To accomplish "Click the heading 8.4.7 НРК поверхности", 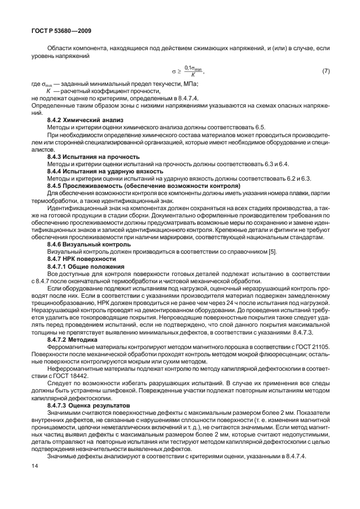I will pos(81,259).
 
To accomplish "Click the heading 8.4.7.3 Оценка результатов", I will pos(89,406).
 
